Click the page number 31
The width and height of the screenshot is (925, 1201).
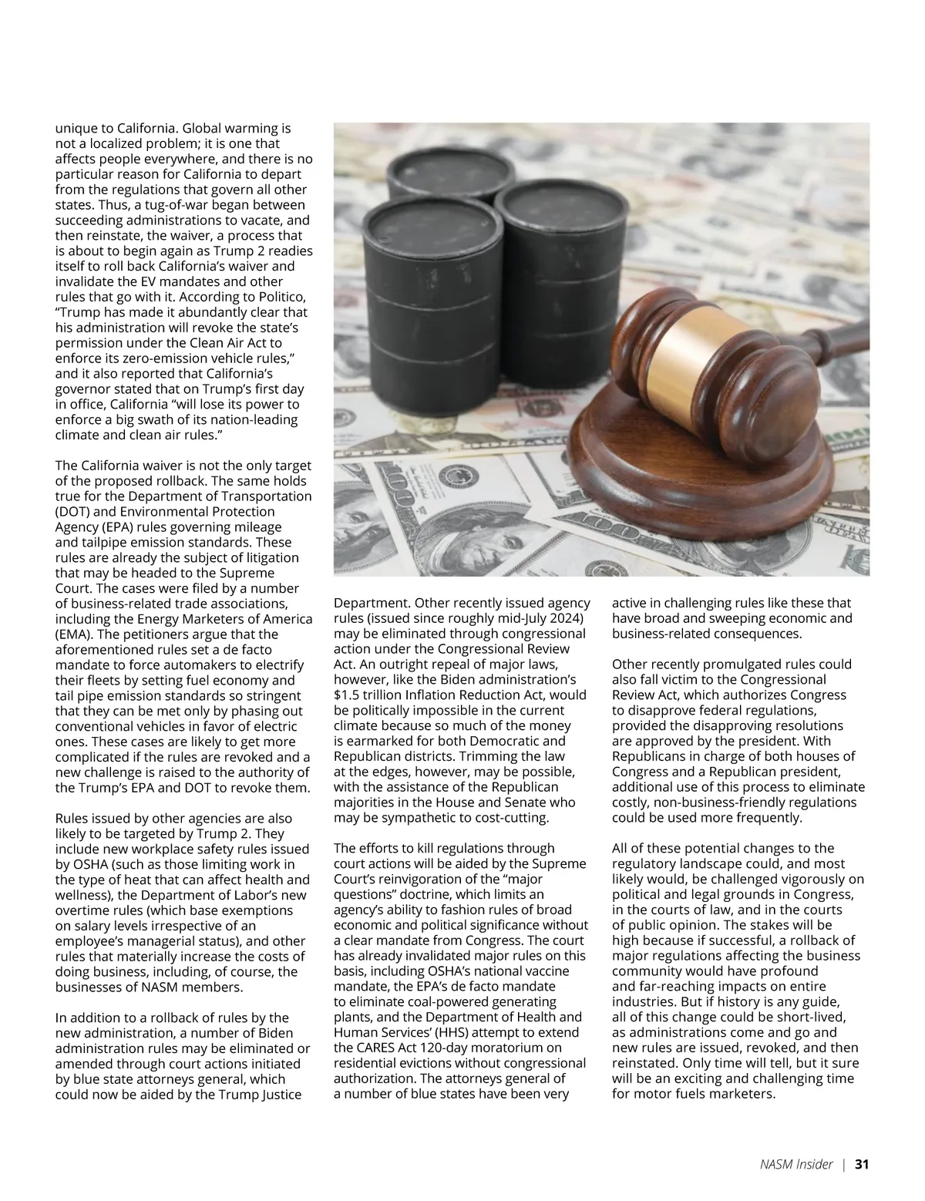point(862,1165)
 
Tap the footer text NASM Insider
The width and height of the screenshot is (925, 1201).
point(792,1165)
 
